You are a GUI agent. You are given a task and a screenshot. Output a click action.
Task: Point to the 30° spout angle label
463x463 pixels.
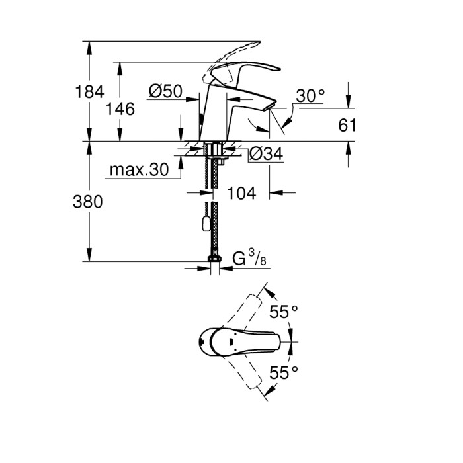click(x=310, y=97)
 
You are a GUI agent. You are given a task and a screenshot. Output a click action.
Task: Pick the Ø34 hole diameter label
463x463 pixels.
click(x=267, y=154)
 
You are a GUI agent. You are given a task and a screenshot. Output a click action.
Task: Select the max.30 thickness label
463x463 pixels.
click(x=138, y=170)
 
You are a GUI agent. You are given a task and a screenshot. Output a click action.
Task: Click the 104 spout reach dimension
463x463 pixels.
click(x=241, y=193)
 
